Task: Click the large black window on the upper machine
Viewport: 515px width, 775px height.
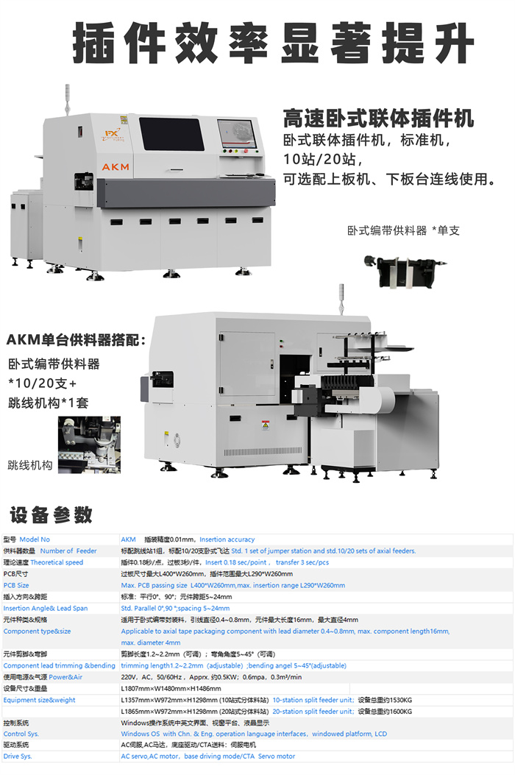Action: tap(171, 134)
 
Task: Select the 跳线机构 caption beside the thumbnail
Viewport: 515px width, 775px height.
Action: tap(30, 465)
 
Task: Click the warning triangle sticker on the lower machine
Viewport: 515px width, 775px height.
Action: tap(265, 425)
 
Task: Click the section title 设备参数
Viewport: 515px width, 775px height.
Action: tap(52, 513)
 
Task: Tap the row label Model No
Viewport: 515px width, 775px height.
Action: tap(35, 539)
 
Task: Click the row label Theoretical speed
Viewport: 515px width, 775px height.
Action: tap(57, 562)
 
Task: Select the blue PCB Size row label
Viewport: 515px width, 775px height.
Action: tap(16, 585)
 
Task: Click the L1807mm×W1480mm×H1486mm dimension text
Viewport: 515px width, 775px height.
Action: tap(171, 689)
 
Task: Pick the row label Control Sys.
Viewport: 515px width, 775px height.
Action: tap(21, 734)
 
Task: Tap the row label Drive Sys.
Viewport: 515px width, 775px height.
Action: tap(18, 756)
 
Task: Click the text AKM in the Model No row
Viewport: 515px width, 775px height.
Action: tap(129, 539)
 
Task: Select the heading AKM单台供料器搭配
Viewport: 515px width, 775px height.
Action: tap(77, 340)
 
